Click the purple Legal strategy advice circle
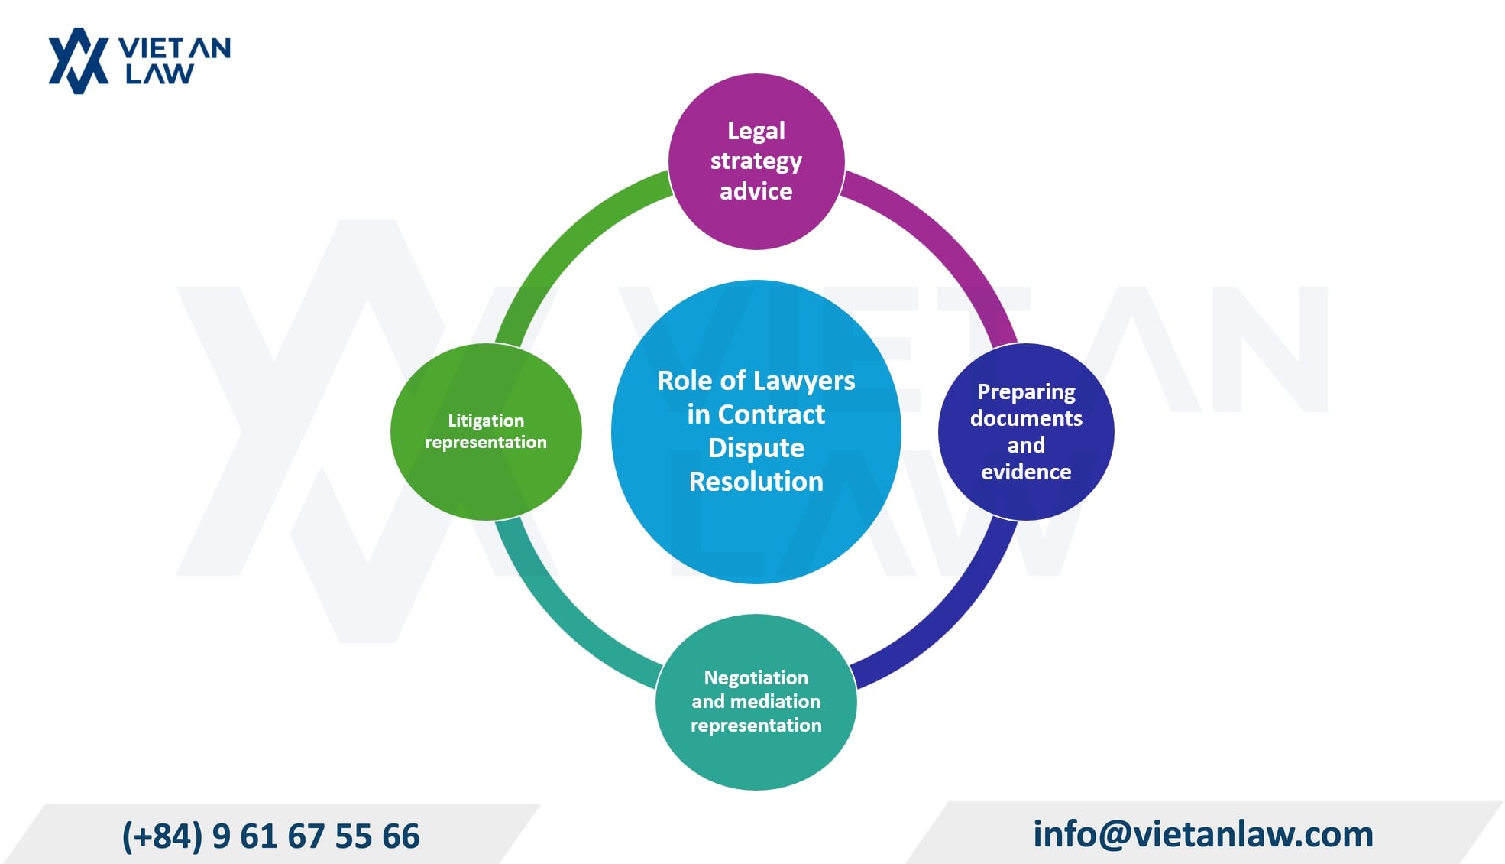tap(756, 161)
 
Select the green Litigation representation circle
tap(486, 432)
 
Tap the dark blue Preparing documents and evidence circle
tap(1026, 432)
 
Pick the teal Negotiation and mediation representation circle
tap(756, 702)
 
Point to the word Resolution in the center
tap(756, 482)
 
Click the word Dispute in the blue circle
tap(756, 449)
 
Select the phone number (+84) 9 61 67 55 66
tap(271, 836)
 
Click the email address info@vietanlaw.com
tap(1203, 834)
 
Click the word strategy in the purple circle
tap(756, 162)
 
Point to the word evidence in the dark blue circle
tap(1026, 473)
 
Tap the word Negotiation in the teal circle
tap(756, 678)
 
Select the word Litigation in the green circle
tap(486, 421)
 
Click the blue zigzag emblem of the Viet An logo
tap(79, 61)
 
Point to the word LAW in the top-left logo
tap(160, 74)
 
